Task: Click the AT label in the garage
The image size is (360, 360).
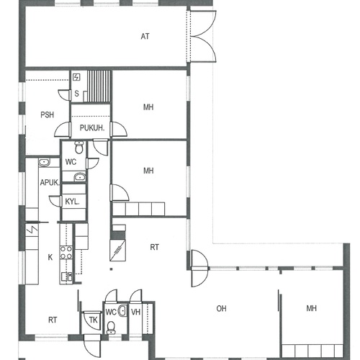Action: point(145,37)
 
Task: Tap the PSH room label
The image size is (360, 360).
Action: point(48,115)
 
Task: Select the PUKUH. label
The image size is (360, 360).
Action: point(92,128)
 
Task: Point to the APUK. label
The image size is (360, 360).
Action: point(50,183)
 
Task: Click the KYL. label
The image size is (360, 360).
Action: point(72,202)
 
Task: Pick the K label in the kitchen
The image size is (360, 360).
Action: point(50,257)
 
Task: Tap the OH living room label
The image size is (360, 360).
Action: point(221,308)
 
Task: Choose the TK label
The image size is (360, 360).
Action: point(94,320)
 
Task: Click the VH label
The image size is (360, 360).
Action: point(135,312)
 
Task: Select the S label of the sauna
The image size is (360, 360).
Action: point(76,94)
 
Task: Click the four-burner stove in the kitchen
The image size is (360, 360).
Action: point(66,253)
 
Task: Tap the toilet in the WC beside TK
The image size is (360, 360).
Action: point(111,328)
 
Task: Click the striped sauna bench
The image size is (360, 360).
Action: point(99,86)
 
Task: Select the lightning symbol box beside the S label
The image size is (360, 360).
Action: point(76,77)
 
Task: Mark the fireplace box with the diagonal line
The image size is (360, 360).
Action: point(117,250)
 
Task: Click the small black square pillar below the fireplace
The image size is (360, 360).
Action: point(111,269)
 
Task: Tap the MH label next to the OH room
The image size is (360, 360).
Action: point(312,308)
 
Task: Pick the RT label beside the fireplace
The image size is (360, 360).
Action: point(154,247)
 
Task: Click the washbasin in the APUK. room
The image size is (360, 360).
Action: point(44,163)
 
